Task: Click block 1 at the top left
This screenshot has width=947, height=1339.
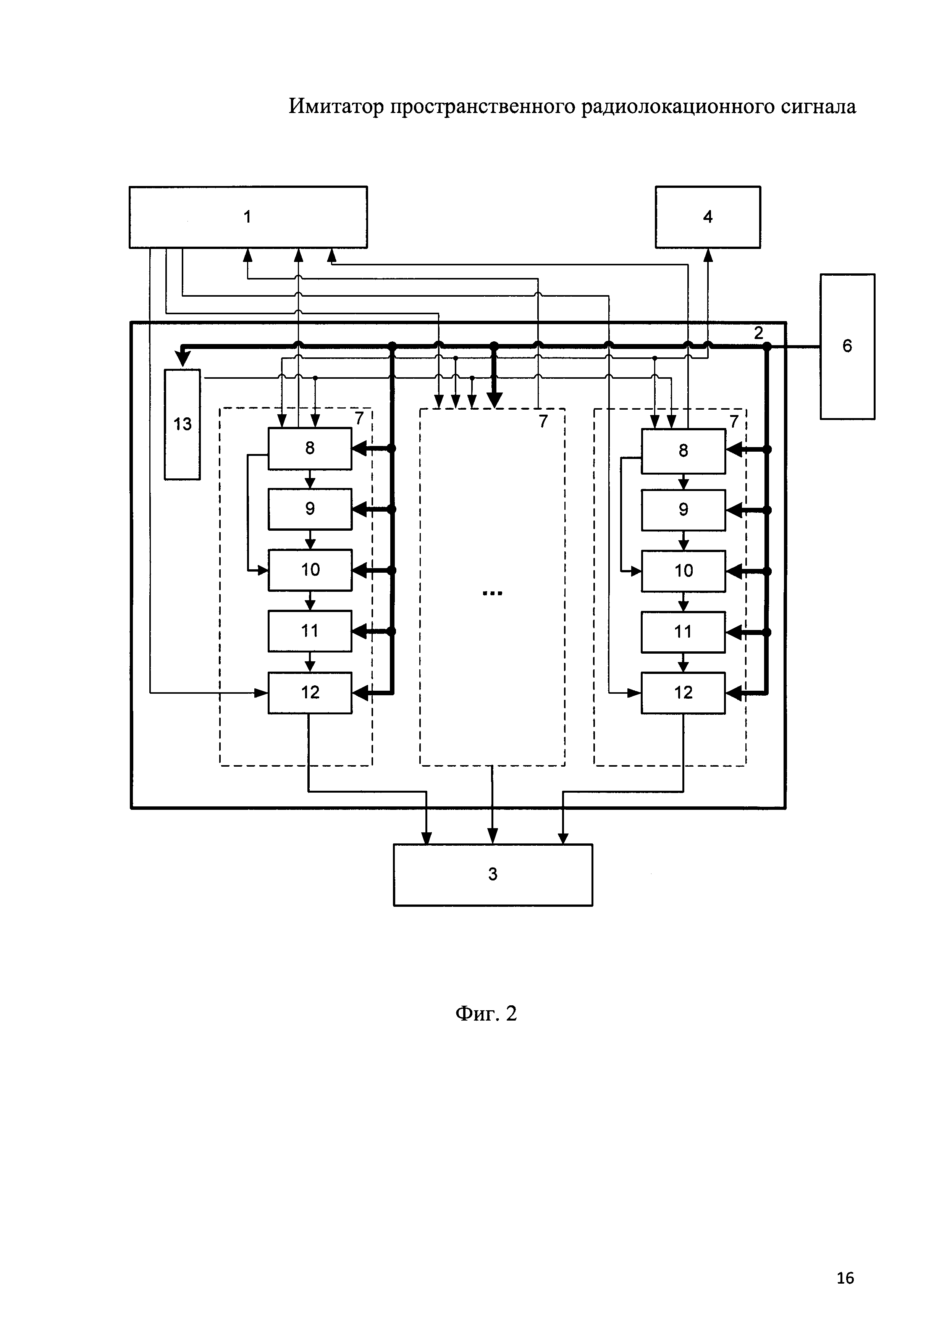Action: (x=248, y=217)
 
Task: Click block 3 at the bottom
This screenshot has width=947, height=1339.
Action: (x=493, y=874)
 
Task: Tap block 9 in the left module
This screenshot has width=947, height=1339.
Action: (x=310, y=509)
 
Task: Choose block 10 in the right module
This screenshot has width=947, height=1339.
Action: (x=683, y=570)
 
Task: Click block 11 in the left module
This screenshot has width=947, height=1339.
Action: (x=310, y=631)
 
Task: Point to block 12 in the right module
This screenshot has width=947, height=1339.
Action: (x=683, y=693)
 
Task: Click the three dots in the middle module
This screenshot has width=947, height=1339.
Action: (x=492, y=593)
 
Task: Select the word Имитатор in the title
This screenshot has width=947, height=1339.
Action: (x=336, y=107)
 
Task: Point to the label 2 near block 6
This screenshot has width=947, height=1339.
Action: (x=758, y=333)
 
